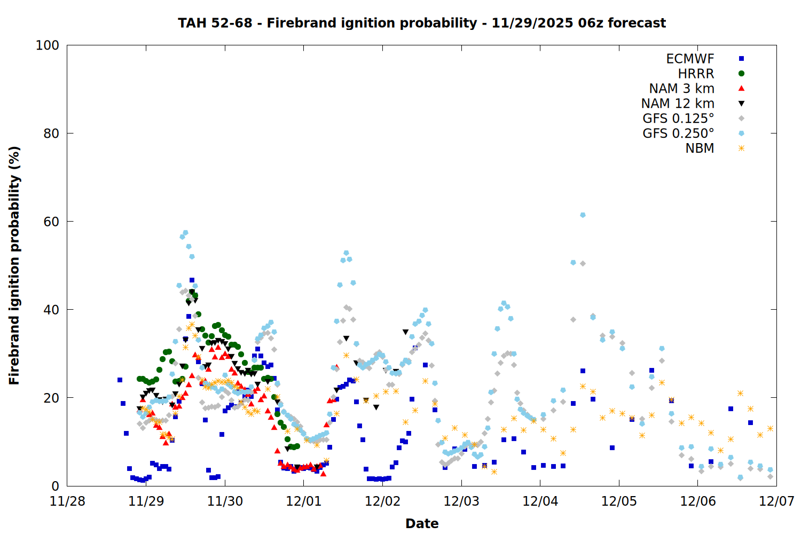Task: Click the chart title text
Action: (422, 23)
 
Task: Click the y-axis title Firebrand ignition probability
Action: (14, 265)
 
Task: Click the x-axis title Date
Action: (422, 523)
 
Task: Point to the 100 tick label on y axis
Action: (47, 45)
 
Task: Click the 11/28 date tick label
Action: (67, 501)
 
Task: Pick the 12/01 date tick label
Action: (303, 501)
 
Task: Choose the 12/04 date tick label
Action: (540, 501)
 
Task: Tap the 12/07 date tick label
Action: (776, 501)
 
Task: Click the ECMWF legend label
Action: (690, 59)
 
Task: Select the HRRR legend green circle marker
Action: (741, 74)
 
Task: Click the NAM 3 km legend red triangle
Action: (741, 88)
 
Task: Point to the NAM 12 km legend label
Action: (678, 104)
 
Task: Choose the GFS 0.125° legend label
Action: (678, 119)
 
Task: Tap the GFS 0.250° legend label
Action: (678, 133)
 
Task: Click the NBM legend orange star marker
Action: (741, 148)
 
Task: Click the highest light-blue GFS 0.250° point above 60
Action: (583, 215)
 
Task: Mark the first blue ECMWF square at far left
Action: (120, 380)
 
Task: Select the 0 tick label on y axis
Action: (55, 486)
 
